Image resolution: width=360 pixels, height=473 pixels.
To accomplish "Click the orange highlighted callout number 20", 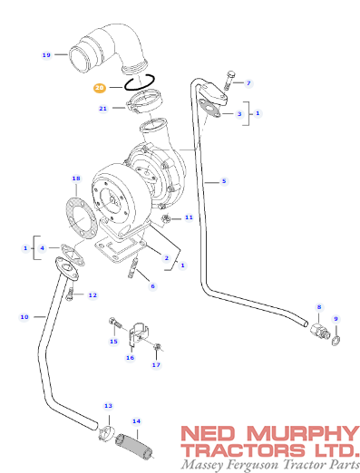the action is pos(99,88).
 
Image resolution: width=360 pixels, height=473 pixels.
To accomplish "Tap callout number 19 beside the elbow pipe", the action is pos(46,55).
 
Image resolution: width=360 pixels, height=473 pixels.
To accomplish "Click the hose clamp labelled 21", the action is pos(144,102).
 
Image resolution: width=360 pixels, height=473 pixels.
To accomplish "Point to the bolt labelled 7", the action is pos(230,81).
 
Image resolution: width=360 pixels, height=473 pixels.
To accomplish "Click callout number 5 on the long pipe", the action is pos(224,181).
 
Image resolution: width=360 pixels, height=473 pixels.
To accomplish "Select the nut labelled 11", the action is pos(166,218).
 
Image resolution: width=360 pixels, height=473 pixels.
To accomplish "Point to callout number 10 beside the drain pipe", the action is pos(24,317).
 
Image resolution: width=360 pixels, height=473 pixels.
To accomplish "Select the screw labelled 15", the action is pos(115,323).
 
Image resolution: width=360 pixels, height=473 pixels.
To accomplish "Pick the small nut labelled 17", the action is pos(156,348).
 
